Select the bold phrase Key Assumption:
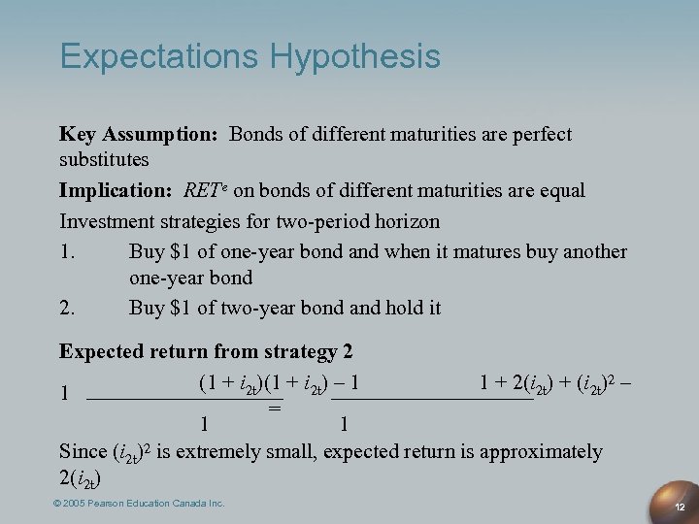tap(139, 134)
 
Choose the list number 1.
tap(67, 252)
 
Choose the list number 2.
tap(67, 308)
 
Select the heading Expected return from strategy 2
tap(206, 350)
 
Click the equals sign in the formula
tap(275, 409)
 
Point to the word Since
tap(83, 452)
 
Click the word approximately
tap(544, 452)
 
